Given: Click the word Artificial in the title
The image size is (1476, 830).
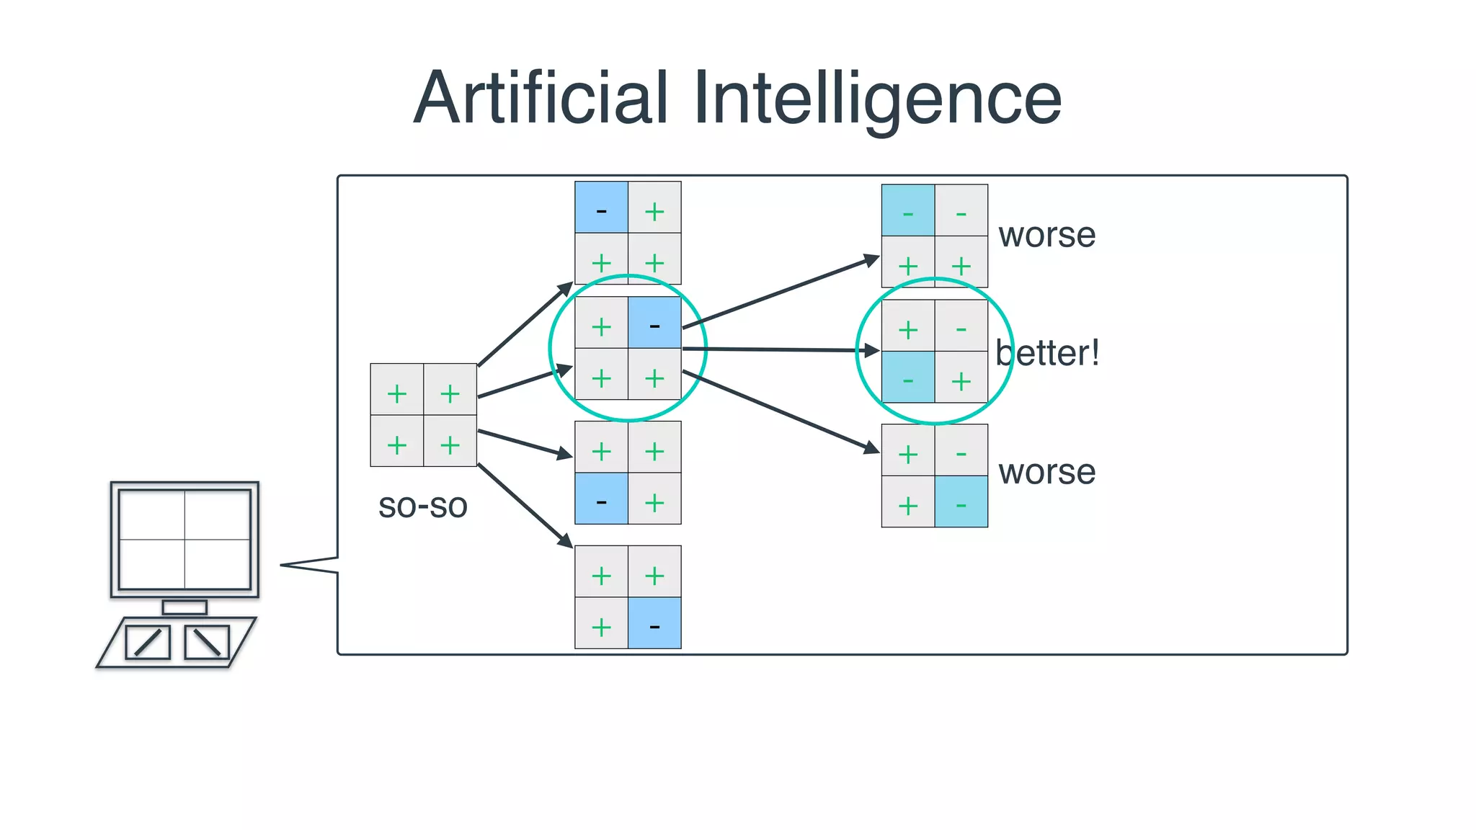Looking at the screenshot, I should coord(541,98).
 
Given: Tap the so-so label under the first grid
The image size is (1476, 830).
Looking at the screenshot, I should coord(423,506).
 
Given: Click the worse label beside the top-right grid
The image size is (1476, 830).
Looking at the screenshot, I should coord(1046,235).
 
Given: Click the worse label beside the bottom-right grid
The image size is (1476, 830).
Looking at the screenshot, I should coord(1046,472).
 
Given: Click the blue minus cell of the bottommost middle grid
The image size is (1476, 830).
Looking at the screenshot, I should coord(654,623).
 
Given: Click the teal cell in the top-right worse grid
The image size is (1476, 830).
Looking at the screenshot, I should coord(908,210).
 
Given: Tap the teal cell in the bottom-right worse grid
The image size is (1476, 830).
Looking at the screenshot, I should coord(961,501).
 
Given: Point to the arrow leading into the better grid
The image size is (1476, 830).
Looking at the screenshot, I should coord(778,349).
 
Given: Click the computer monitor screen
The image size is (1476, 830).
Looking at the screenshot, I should coord(184,539).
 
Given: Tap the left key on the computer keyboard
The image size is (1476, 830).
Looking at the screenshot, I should coord(148,642).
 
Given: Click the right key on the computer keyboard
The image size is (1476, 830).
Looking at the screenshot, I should coord(207,642).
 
